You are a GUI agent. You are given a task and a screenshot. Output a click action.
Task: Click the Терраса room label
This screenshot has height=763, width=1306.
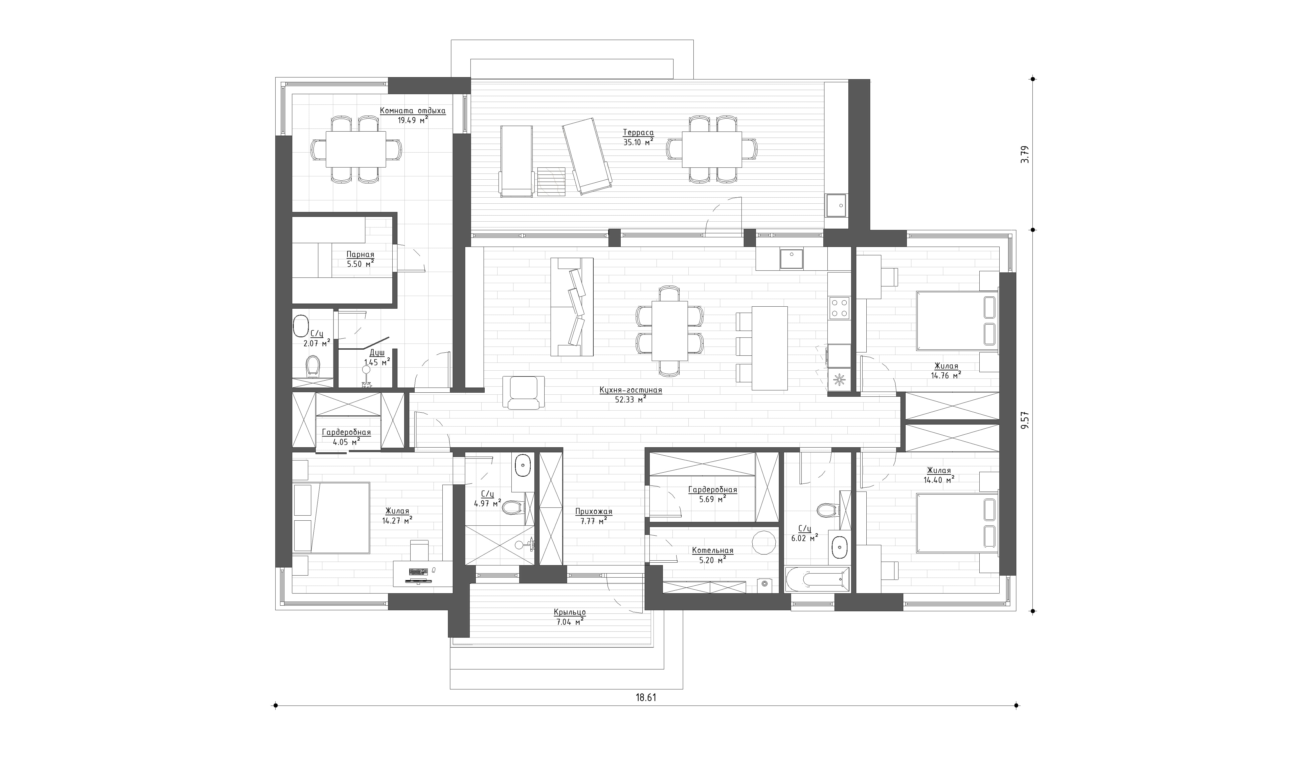pos(638,133)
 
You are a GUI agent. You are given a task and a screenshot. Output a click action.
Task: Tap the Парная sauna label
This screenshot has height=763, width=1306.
pos(360,255)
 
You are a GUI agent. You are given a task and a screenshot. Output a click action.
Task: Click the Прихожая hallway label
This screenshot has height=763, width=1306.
pos(593,512)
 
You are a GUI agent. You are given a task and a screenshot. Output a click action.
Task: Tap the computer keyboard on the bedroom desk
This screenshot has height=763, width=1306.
pos(418,571)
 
